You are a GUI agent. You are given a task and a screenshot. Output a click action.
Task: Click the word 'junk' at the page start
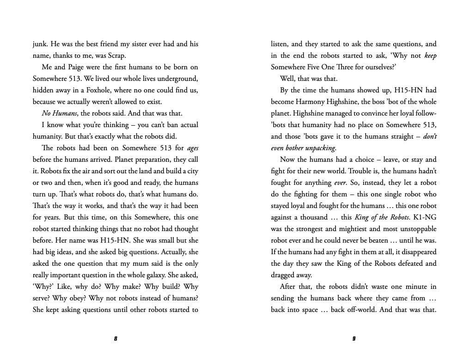click(x=40, y=44)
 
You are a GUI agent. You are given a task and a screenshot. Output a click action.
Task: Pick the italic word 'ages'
click(x=193, y=148)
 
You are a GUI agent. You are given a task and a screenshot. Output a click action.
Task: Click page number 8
click(x=116, y=339)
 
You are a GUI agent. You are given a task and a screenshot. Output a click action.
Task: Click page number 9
click(x=354, y=339)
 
